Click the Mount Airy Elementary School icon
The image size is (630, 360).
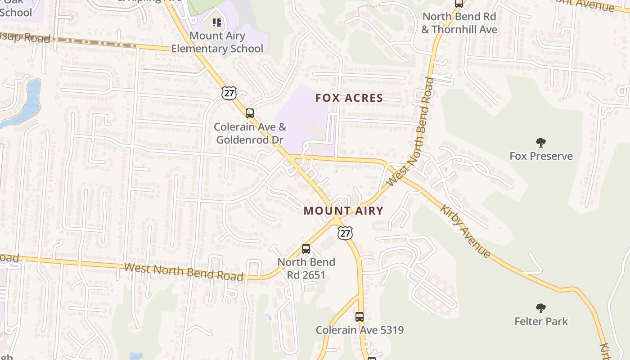tap(217, 22)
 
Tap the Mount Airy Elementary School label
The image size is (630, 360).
tap(217, 42)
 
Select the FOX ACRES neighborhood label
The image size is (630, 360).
tap(349, 98)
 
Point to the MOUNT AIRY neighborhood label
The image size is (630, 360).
tap(343, 211)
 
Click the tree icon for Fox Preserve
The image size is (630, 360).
tap(541, 143)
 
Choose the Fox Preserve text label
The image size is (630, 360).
tap(541, 156)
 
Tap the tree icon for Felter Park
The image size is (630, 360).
tap(541, 308)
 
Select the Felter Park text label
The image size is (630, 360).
tap(541, 321)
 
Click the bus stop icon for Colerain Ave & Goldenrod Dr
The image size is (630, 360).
tap(250, 113)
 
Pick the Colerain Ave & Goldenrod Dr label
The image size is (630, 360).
tap(250, 133)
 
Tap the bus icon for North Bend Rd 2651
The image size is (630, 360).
tap(306, 248)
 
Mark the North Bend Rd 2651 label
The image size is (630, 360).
tap(306, 268)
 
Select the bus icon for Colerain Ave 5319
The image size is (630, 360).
tap(360, 316)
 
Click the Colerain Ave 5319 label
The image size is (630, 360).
tap(360, 330)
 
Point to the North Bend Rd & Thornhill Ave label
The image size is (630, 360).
tap(459, 23)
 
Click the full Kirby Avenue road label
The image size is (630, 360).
tap(465, 231)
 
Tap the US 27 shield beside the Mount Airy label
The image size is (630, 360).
tap(345, 233)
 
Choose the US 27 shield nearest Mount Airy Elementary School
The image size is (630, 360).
tap(229, 93)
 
